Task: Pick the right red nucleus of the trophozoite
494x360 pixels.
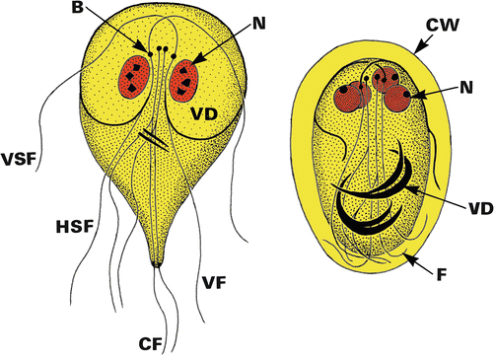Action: click(x=184, y=81)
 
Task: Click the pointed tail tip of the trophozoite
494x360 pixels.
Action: click(x=157, y=263)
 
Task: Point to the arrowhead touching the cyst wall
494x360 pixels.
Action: click(x=414, y=48)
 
